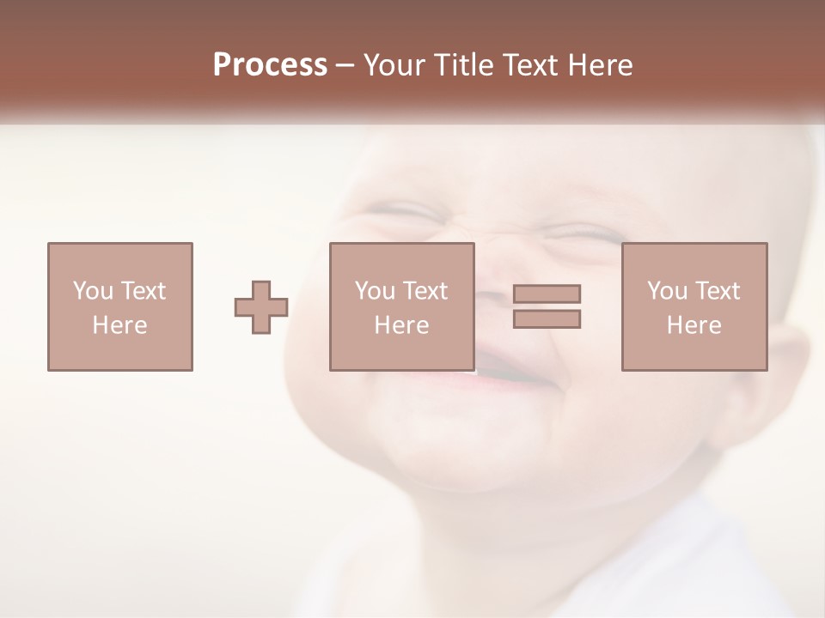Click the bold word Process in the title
(x=270, y=65)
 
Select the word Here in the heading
(x=600, y=65)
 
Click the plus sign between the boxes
(x=261, y=306)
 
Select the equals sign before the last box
(x=547, y=306)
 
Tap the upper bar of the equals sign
(x=547, y=294)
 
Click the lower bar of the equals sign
(x=547, y=319)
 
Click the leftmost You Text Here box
(x=120, y=306)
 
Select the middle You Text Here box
(x=402, y=306)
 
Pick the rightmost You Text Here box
(x=694, y=306)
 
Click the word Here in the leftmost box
(x=120, y=325)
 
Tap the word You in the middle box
(x=374, y=291)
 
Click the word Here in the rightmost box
(x=694, y=325)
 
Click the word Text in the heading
(x=532, y=65)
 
